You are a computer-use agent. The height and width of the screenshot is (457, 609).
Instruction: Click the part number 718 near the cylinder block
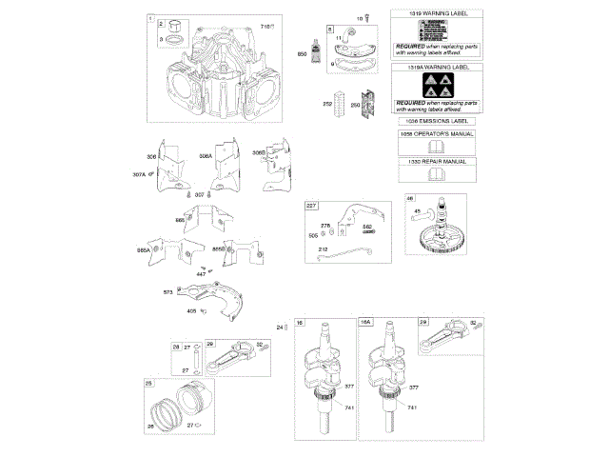pyautogui.click(x=266, y=27)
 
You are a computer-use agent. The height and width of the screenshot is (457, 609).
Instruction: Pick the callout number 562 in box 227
pyautogui.click(x=366, y=226)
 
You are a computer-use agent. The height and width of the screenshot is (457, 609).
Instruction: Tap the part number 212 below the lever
pyautogui.click(x=324, y=249)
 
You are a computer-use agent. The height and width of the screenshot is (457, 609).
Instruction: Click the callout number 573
pyautogui.click(x=167, y=292)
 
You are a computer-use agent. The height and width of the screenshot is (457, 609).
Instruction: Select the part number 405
pyautogui.click(x=191, y=310)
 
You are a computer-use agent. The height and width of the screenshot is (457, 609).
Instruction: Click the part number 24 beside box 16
pyautogui.click(x=281, y=328)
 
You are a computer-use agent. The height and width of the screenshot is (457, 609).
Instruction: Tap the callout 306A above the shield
pyautogui.click(x=206, y=155)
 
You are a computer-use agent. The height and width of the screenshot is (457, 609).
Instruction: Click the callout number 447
pyautogui.click(x=200, y=273)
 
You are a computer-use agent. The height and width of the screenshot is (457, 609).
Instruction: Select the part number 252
pyautogui.click(x=328, y=104)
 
